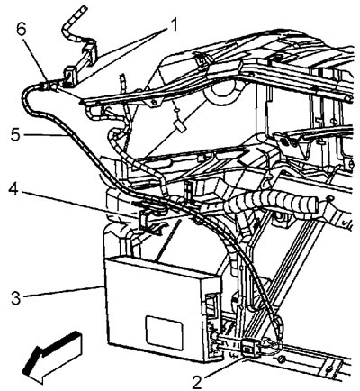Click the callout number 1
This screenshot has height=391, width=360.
pos(172,25)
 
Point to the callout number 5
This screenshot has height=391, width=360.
pos(15,135)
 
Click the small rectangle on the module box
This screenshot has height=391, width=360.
pos(164,332)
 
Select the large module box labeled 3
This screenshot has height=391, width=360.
pos(164,309)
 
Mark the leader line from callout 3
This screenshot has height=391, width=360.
pos(64,292)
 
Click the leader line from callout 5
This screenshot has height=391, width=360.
pos(45,135)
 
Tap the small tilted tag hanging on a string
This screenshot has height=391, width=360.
pos(181,126)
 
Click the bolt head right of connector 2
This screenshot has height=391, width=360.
pos(282,359)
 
